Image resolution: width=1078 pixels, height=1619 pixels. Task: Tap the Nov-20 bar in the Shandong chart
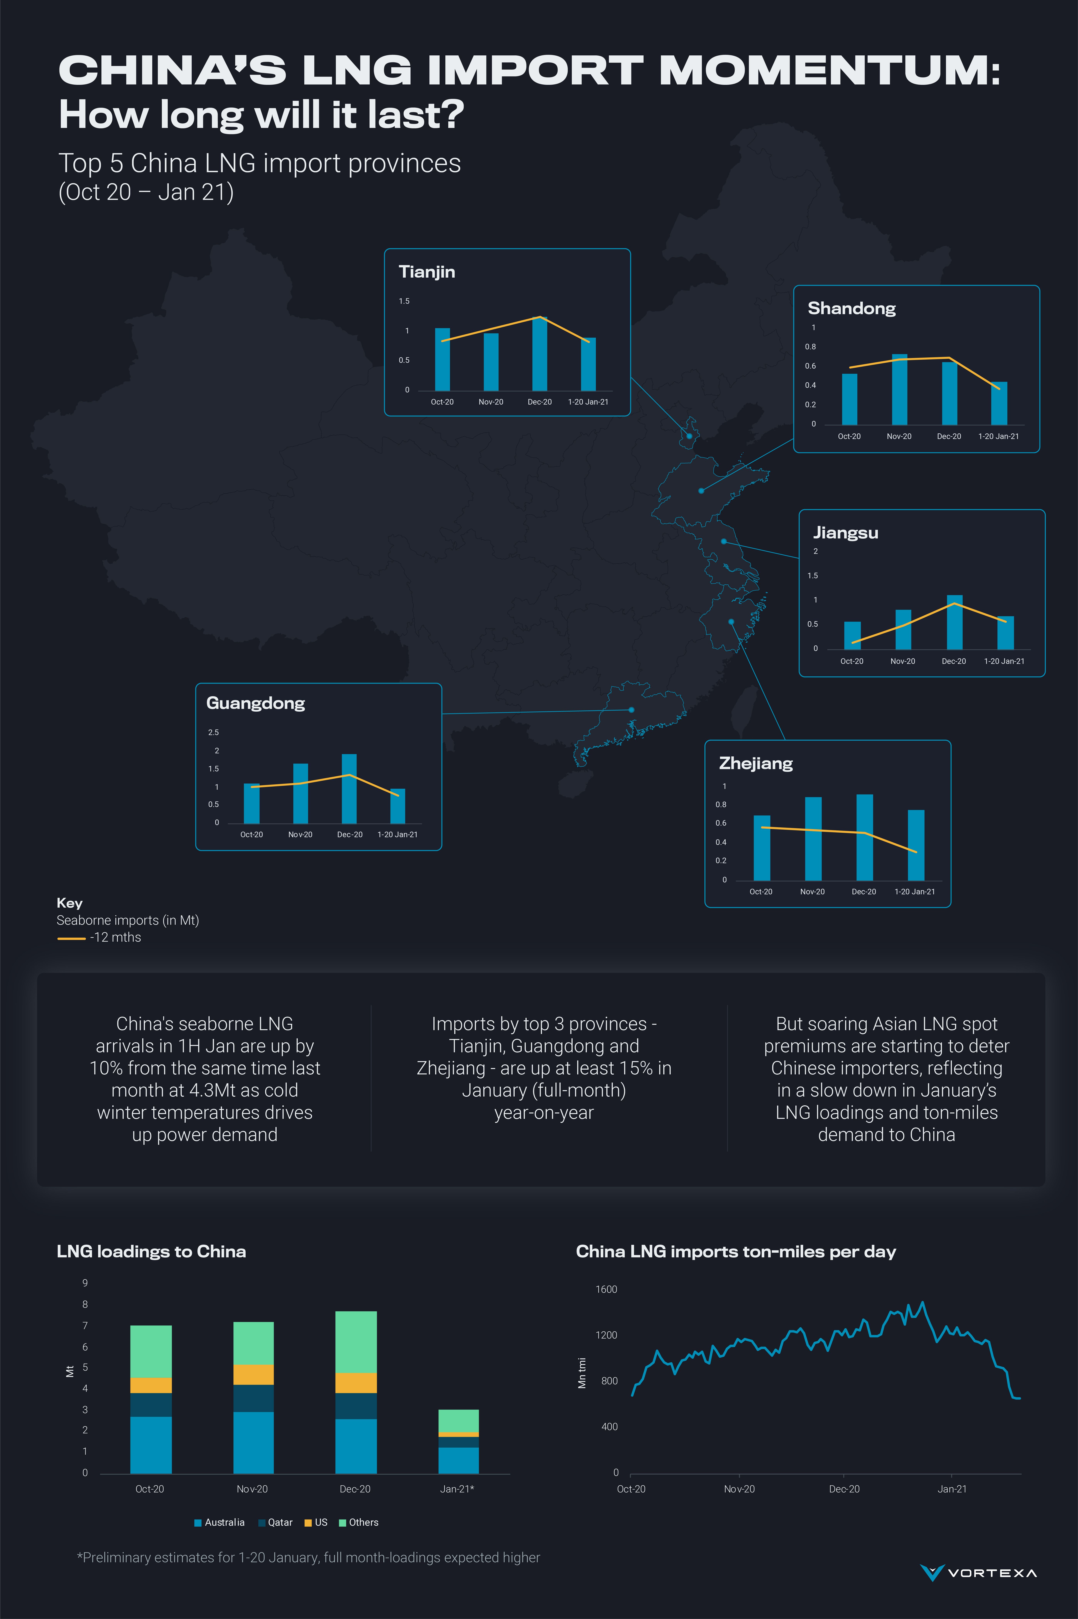coord(899,390)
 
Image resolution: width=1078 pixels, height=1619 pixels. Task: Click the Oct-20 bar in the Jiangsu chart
coord(852,636)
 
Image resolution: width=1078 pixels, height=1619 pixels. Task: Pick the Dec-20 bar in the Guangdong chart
coord(349,789)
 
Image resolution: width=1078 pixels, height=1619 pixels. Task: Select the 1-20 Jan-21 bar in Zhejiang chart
coord(916,845)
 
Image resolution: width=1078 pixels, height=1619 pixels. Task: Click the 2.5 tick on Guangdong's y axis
coord(213,733)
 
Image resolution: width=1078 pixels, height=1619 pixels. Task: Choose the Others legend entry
coord(359,1522)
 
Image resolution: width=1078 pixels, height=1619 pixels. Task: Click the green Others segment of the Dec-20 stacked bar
coord(356,1342)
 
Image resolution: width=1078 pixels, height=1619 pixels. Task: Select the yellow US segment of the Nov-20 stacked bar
coord(254,1374)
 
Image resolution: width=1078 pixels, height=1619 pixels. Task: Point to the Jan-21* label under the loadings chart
coord(457,1489)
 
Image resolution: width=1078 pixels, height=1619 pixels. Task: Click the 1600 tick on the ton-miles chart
coord(606,1289)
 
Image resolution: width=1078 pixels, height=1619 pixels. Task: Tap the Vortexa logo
coord(978,1572)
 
